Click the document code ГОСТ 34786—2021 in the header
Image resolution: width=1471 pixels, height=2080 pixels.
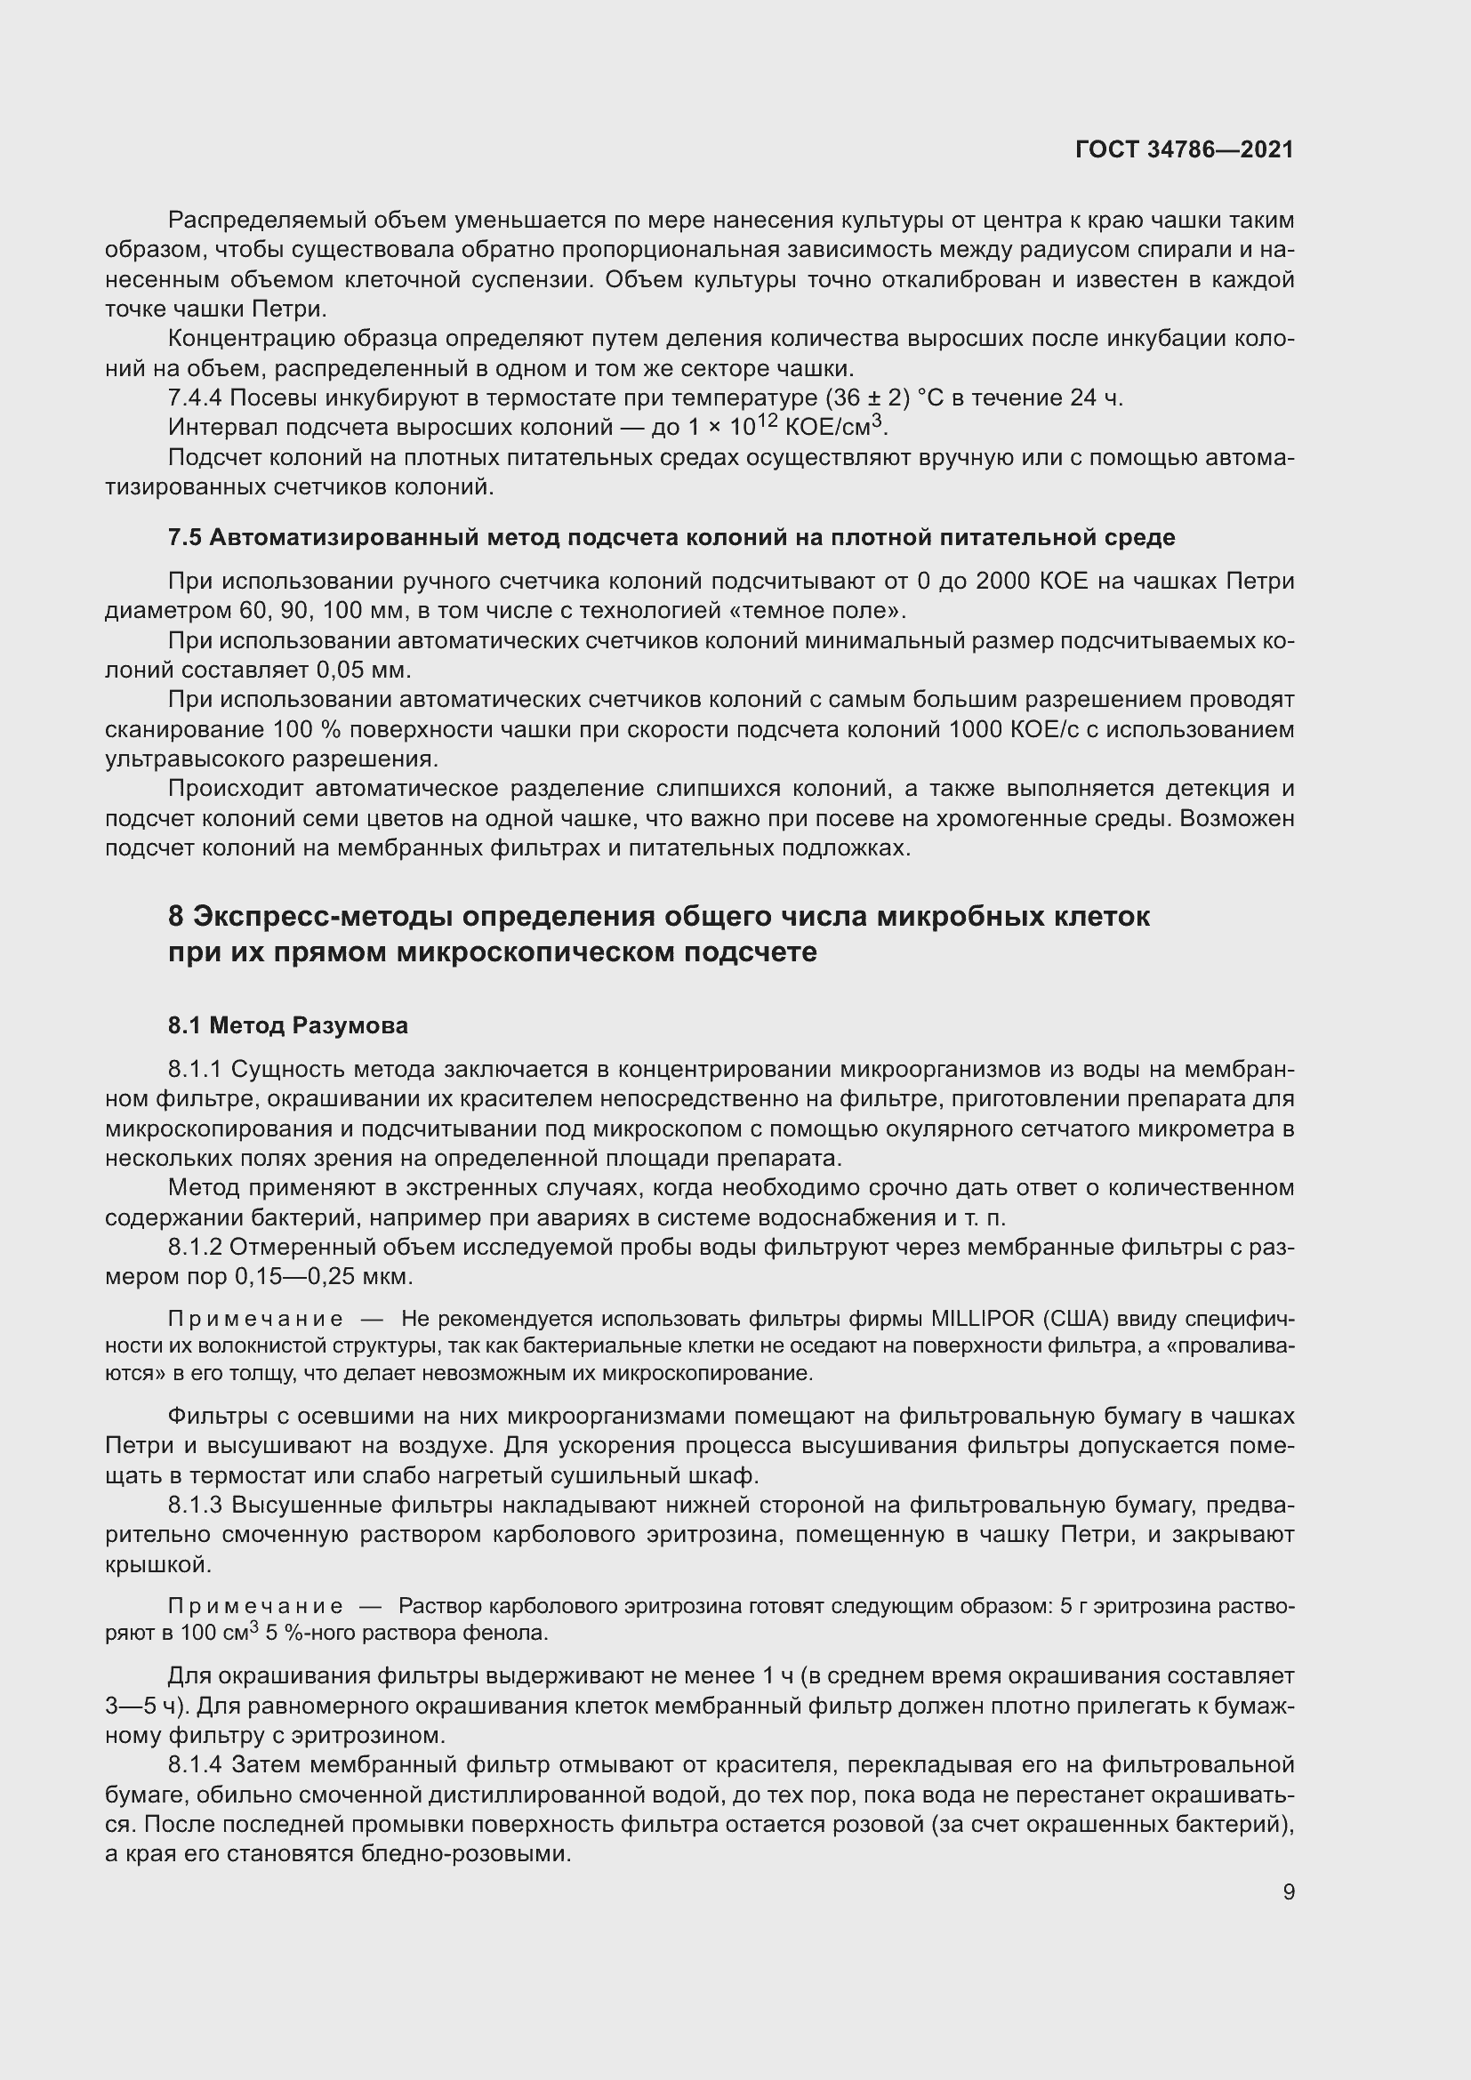[x=1184, y=150]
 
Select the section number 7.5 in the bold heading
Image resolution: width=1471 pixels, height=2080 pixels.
[x=184, y=538]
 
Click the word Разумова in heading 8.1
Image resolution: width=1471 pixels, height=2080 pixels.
[x=352, y=1025]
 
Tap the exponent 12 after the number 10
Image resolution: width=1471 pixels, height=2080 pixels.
[x=768, y=421]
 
